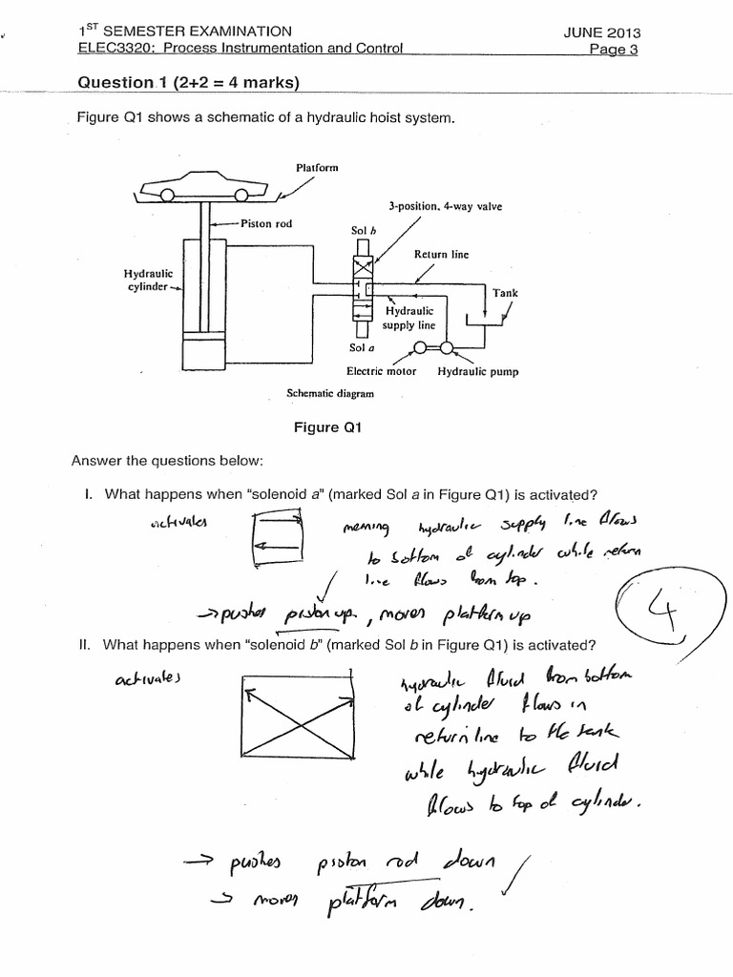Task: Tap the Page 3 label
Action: click(615, 49)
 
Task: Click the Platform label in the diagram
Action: click(317, 167)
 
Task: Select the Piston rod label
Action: click(266, 224)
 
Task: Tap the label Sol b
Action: click(364, 230)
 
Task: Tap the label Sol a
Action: click(361, 348)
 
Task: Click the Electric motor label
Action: click(381, 371)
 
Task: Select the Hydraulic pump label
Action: click(478, 371)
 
